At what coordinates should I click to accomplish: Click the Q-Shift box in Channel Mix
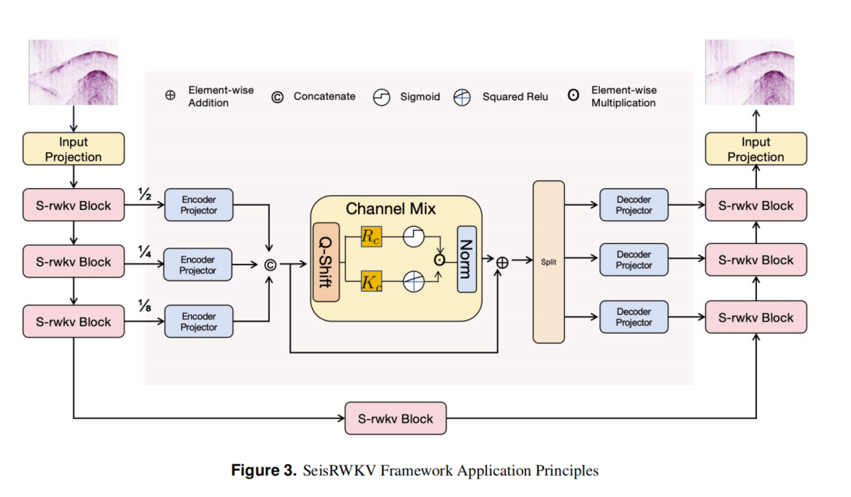pos(326,262)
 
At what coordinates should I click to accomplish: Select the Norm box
pos(467,259)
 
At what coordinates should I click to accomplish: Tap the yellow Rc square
pos(371,237)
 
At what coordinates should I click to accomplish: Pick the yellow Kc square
pos(371,282)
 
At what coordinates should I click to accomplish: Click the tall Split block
pos(549,262)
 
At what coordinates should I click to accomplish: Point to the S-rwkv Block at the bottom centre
pos(395,418)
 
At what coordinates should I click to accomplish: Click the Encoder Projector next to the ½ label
pos(199,205)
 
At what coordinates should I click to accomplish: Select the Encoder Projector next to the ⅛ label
pos(199,321)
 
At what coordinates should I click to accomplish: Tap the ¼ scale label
pos(145,251)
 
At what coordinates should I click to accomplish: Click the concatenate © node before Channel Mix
pos(270,265)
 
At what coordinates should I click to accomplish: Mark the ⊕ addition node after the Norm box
pos(502,263)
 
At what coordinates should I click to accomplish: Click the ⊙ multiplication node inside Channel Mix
pos(439,260)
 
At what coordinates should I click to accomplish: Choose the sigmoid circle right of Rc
pos(413,237)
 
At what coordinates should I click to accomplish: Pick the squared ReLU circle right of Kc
pos(413,282)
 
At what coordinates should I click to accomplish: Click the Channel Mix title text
pos(390,209)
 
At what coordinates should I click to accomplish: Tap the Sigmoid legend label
pos(420,97)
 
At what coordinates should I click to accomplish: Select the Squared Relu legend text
pos(515,97)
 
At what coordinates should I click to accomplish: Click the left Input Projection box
pos(74,149)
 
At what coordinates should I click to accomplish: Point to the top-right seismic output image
pos(750,72)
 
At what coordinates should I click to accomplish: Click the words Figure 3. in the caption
pos(264,470)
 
